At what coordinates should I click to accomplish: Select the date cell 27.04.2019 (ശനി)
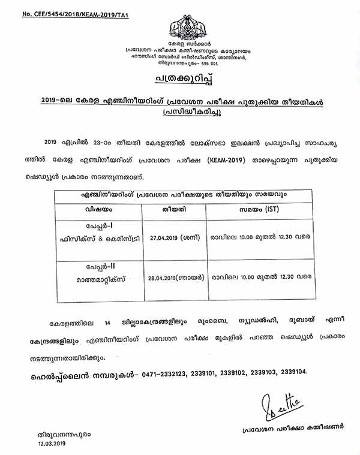tap(173, 236)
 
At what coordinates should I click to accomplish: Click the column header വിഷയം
tap(98, 210)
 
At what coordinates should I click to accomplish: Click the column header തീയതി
tap(173, 210)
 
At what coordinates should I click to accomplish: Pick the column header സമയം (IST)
tap(259, 210)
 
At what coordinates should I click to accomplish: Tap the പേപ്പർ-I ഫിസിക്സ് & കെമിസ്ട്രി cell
tap(98, 236)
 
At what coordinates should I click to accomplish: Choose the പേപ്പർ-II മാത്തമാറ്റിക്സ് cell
tap(98, 278)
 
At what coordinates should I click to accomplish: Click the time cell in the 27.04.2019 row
tap(259, 236)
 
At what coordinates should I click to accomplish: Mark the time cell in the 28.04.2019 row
tap(259, 278)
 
